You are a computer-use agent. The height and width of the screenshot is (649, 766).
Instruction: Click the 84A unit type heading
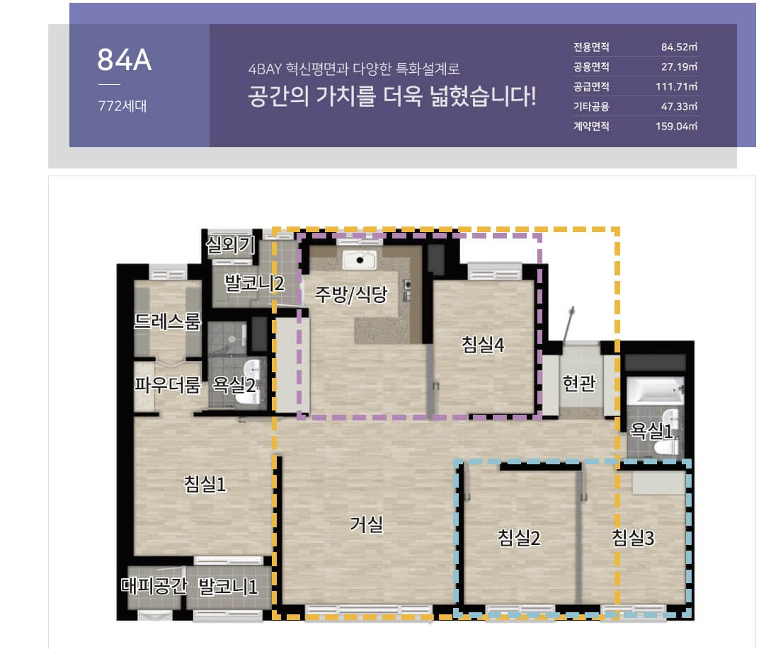tap(125, 60)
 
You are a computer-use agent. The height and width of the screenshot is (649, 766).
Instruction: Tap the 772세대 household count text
tap(122, 108)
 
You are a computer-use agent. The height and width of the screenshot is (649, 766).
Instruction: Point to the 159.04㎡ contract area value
tap(676, 127)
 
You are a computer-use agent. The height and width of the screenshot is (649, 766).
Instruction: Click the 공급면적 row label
tap(591, 88)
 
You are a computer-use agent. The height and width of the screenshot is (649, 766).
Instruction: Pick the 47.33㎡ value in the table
tap(679, 108)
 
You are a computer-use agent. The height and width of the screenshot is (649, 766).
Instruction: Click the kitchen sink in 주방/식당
tap(362, 260)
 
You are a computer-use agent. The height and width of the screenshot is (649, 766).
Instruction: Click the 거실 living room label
tap(367, 524)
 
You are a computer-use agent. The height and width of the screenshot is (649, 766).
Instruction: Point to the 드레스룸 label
tap(168, 323)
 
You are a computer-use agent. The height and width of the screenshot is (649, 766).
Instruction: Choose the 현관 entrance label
tap(579, 384)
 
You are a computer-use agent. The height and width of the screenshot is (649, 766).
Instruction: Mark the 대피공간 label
tap(153, 586)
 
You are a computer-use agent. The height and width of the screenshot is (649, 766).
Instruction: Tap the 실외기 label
tap(228, 244)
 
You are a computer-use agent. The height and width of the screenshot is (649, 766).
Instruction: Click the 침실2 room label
tap(520, 538)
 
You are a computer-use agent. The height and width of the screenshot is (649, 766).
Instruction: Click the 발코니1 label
tap(228, 586)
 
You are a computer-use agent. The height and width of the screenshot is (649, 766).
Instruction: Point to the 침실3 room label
tap(634, 538)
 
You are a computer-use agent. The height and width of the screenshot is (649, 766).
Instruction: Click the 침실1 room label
tap(205, 485)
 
